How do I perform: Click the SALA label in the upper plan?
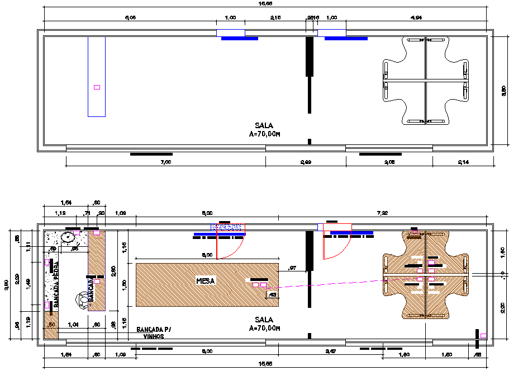[x=264, y=126]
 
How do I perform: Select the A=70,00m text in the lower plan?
[x=264, y=328]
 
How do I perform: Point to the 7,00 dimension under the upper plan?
[x=165, y=162]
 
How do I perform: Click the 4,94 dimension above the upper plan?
[x=416, y=18]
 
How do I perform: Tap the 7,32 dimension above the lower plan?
[x=382, y=213]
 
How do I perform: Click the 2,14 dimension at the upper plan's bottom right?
[x=463, y=162]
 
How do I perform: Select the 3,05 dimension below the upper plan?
[x=389, y=162]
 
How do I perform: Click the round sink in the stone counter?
[x=70, y=236]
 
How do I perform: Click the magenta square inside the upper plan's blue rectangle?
[x=97, y=87]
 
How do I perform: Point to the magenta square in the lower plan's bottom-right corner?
[x=483, y=335]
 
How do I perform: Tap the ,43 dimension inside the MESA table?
[x=273, y=294]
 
